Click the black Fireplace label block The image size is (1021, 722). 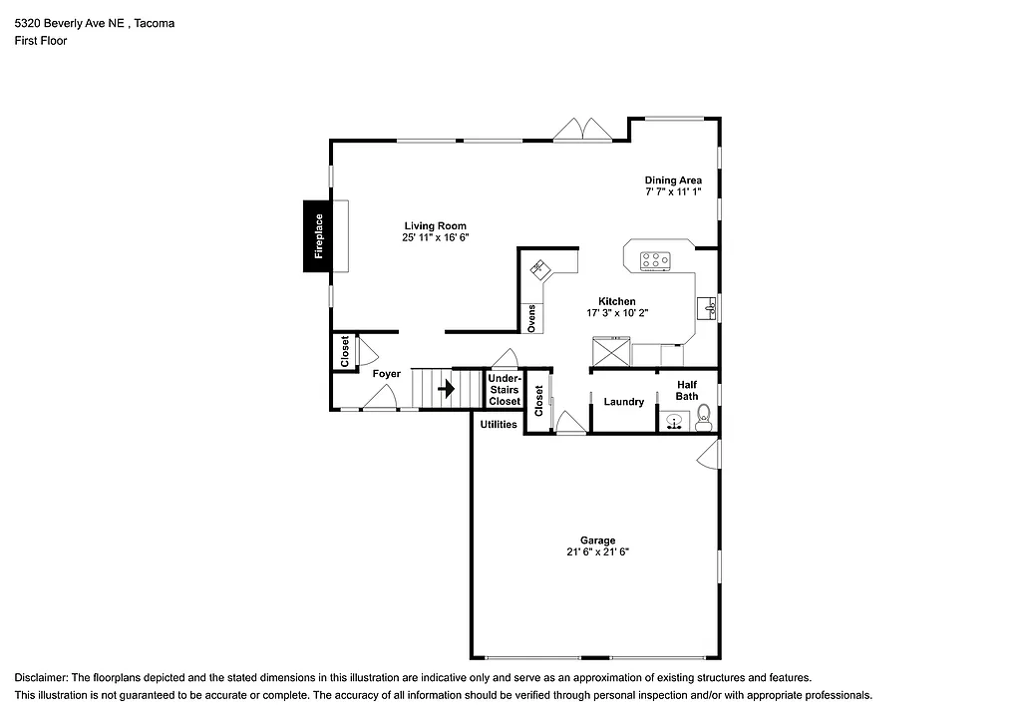tap(319, 235)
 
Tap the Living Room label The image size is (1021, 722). tap(435, 225)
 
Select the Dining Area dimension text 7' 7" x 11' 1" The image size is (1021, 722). tap(673, 191)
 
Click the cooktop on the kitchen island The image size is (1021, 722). tap(655, 260)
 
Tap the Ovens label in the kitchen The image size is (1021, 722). tap(532, 318)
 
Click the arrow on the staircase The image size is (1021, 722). tap(447, 388)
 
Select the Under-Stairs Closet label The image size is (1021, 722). tap(505, 389)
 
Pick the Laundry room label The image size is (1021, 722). tap(624, 402)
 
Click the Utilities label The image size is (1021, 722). tap(499, 424)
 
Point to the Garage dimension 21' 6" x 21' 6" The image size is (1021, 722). tap(598, 551)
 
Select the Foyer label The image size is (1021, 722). tap(386, 374)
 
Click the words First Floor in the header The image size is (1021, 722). tap(41, 41)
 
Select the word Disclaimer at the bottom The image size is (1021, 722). tap(41, 677)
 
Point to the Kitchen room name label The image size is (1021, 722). tap(616, 301)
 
